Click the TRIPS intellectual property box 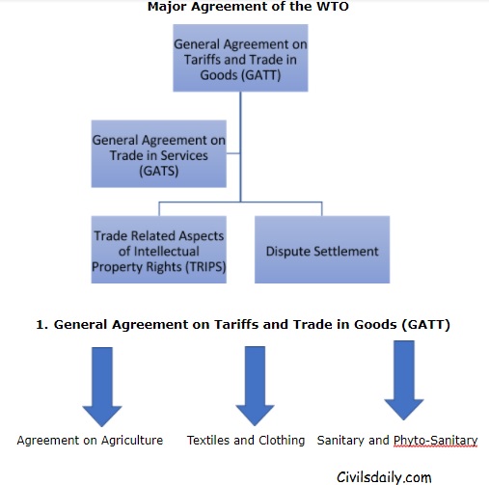(x=158, y=250)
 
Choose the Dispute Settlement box (x=322, y=250)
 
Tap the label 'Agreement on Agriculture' (x=90, y=440)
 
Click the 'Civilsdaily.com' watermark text (x=385, y=475)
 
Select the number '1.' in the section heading (x=41, y=326)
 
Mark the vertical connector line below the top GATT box (x=240, y=145)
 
